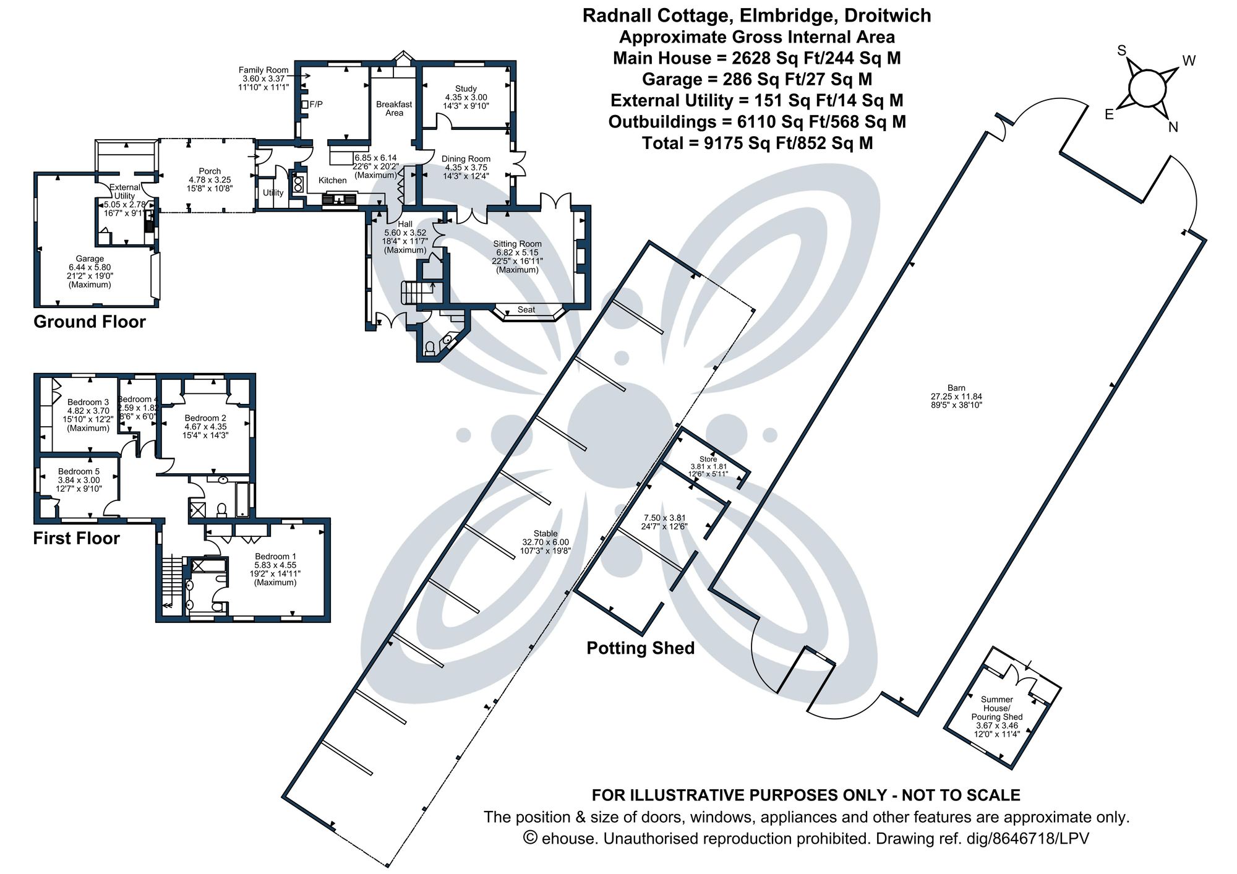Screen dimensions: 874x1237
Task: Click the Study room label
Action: (x=466, y=89)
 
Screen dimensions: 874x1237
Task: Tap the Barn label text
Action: (x=956, y=388)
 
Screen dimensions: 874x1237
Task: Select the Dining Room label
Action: (x=466, y=159)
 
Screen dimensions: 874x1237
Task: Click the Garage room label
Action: (x=90, y=259)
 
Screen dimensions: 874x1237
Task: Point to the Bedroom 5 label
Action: (x=79, y=471)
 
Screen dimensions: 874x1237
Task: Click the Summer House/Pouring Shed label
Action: (x=996, y=708)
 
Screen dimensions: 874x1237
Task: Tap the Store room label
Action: (x=708, y=459)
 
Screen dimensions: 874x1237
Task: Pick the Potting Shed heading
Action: (x=640, y=648)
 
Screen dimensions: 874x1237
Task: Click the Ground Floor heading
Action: (x=90, y=322)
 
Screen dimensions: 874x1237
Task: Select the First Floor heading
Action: (x=76, y=538)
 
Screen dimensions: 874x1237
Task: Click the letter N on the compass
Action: (x=1173, y=127)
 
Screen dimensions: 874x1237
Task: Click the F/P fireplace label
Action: (x=315, y=105)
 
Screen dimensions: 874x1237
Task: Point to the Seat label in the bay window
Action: (x=526, y=309)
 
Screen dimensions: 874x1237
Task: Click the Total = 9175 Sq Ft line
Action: (x=757, y=143)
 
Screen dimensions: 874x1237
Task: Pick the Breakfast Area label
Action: (x=394, y=108)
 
